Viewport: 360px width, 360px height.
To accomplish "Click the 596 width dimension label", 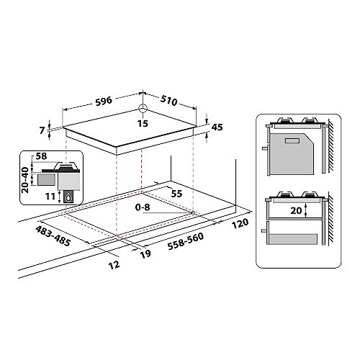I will (x=104, y=101).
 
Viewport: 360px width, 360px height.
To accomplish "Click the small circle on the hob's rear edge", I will (x=143, y=110).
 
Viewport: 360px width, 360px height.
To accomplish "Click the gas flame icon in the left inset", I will (x=68, y=197).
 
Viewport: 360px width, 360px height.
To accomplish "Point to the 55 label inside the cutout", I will (x=176, y=194).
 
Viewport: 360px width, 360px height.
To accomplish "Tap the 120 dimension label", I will (x=240, y=223).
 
